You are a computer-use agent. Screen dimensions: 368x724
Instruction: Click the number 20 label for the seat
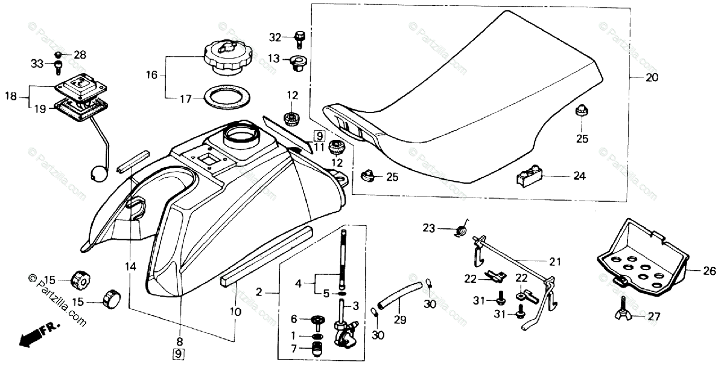pyautogui.click(x=652, y=77)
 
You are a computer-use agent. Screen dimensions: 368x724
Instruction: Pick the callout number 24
pyautogui.click(x=579, y=177)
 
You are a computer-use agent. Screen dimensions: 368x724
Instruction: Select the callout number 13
pyautogui.click(x=274, y=59)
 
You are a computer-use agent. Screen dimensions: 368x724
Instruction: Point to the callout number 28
pyautogui.click(x=80, y=54)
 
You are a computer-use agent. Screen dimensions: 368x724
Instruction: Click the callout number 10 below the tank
pyautogui.click(x=235, y=312)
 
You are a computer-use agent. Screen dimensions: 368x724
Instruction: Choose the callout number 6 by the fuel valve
pyautogui.click(x=294, y=319)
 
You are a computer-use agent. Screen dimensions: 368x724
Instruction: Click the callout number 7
pyautogui.click(x=294, y=349)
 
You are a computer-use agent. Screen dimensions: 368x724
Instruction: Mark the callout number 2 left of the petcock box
pyautogui.click(x=259, y=292)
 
